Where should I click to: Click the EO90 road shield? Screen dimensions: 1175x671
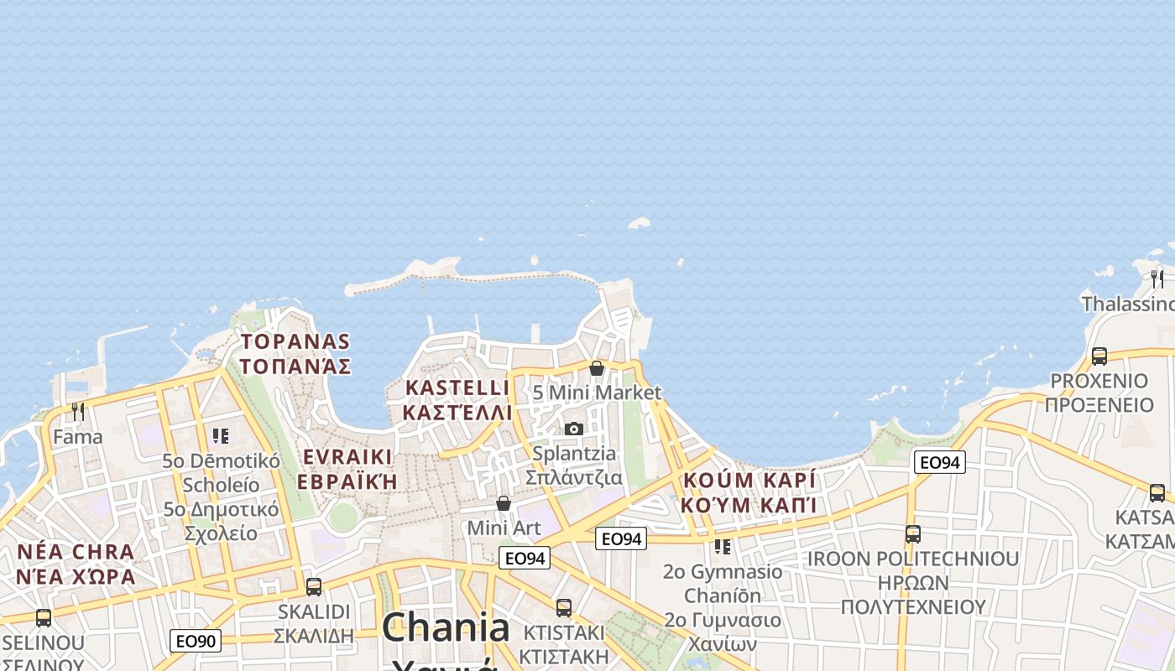pos(196,642)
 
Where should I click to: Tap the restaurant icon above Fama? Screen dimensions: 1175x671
pos(78,412)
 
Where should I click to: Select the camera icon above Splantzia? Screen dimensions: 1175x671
pos(574,429)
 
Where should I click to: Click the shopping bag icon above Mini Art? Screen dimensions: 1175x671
pos(504,503)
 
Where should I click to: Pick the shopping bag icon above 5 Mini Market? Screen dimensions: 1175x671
pos(597,368)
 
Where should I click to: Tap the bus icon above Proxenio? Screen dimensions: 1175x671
pos(1099,356)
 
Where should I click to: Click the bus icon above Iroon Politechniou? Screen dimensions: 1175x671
pos(912,533)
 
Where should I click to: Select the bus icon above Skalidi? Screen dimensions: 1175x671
pos(314,586)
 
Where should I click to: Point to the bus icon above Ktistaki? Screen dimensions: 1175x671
pos(564,607)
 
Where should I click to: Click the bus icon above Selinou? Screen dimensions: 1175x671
pos(44,618)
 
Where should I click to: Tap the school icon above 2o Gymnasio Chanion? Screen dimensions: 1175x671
pos(722,547)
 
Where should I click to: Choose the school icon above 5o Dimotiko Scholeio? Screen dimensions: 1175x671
pos(221,435)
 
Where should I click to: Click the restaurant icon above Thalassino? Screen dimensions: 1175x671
pos(1157,278)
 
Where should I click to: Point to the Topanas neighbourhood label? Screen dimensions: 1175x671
pos(295,353)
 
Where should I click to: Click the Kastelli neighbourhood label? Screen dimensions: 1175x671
pos(457,400)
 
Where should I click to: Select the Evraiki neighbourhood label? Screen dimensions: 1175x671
pos(347,469)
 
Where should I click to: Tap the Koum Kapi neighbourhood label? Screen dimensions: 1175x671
pos(749,492)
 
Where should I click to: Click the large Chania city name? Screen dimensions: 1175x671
pos(446,627)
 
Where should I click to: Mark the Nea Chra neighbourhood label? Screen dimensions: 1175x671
pos(76,564)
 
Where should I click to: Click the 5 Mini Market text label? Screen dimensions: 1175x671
pos(597,393)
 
